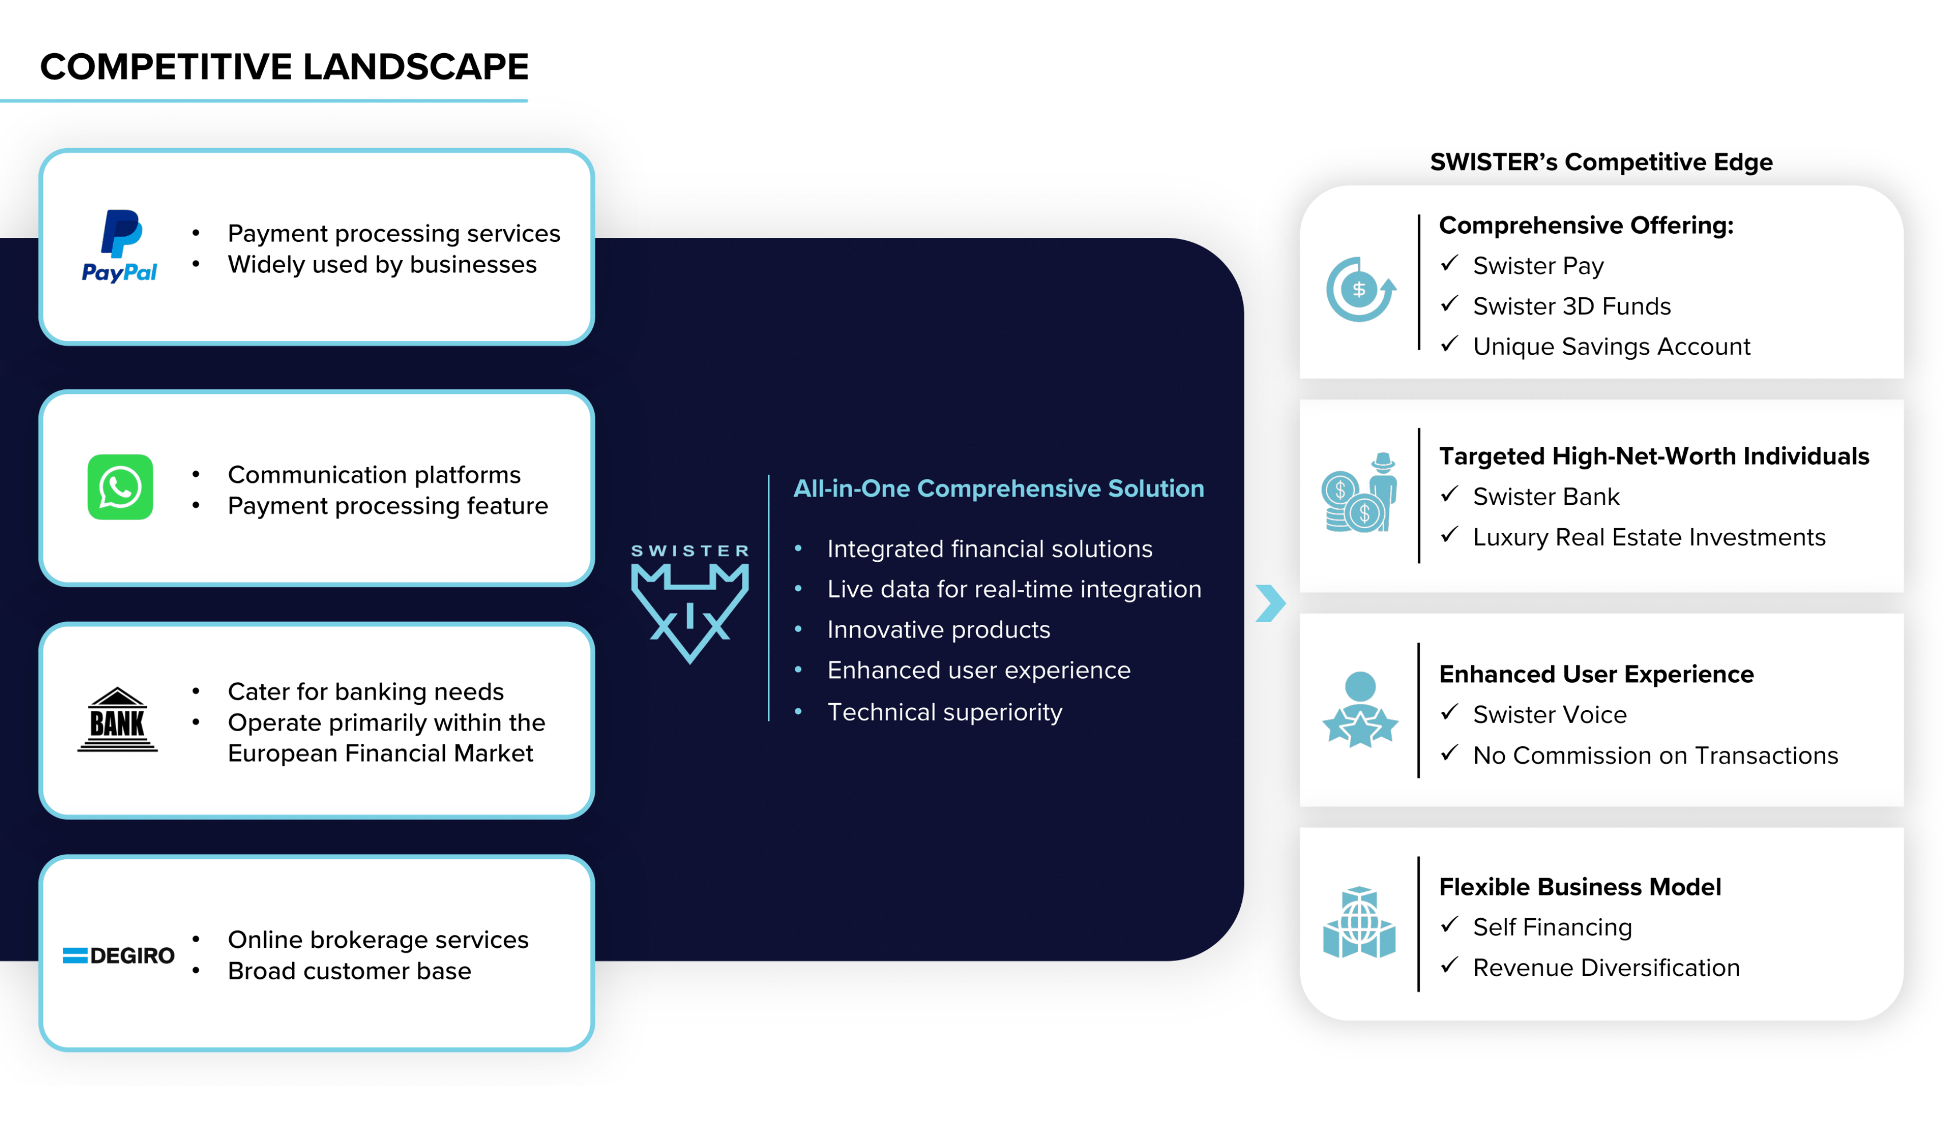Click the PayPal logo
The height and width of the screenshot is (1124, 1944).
(x=119, y=245)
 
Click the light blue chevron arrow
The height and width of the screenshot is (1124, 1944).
(x=1270, y=603)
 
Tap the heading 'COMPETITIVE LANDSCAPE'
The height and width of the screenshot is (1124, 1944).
(x=284, y=66)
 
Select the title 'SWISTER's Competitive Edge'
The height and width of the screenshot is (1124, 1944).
(x=1601, y=162)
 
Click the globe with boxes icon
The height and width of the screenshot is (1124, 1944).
(x=1359, y=923)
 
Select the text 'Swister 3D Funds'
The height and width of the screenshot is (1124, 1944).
(x=1571, y=306)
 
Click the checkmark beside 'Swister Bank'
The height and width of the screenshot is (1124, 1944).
(x=1449, y=495)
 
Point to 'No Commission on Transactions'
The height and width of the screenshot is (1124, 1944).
(x=1655, y=755)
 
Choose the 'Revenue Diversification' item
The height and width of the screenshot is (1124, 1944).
(x=1606, y=967)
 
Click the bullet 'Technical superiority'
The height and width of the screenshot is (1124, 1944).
(x=944, y=712)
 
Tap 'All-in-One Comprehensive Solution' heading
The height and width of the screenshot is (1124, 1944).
(x=998, y=488)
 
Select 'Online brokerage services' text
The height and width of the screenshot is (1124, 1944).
(x=378, y=940)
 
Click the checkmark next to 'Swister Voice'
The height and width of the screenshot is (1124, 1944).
(x=1449, y=713)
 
